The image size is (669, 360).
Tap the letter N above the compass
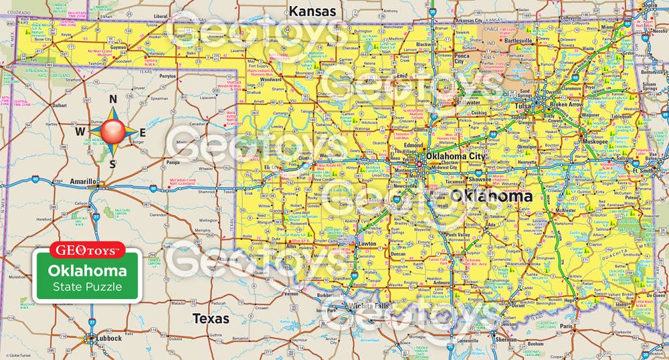(113, 100)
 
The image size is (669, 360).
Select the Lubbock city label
(107, 339)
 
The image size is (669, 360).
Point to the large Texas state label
(211, 319)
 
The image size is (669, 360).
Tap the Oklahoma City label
(458, 157)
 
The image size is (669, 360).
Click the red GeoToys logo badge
(88, 250)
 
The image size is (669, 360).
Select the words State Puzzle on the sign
(88, 287)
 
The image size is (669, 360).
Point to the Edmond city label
(412, 145)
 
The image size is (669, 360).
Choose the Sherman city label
(506, 339)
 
